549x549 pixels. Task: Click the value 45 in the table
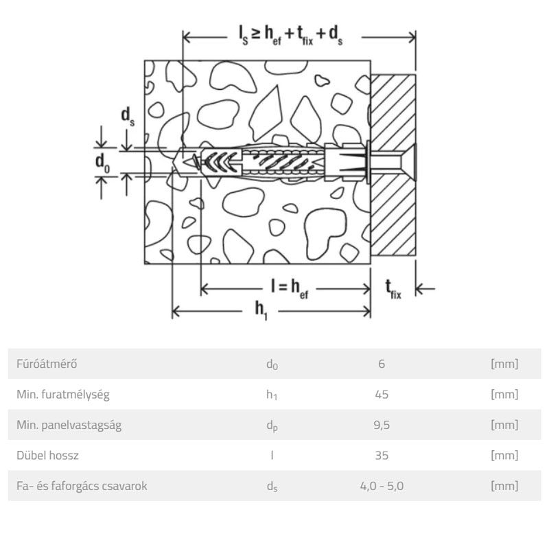[x=382, y=394]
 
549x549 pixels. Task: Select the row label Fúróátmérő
[x=47, y=364]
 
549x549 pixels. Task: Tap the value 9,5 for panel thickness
[x=382, y=425]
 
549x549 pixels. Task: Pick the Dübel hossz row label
[x=47, y=455]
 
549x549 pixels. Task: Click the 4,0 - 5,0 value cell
[x=382, y=486]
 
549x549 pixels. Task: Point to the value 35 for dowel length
[x=382, y=455]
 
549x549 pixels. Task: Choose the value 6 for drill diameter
[x=382, y=364]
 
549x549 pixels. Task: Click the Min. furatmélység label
[x=63, y=394]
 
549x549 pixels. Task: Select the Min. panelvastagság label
[x=69, y=425]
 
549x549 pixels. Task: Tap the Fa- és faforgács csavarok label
[x=82, y=486]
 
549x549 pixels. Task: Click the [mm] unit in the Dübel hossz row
[x=504, y=455]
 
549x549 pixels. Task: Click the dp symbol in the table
[x=272, y=425]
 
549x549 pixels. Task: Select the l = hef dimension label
[x=290, y=289]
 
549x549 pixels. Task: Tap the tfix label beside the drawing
[x=393, y=289]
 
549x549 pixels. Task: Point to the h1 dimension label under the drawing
[x=261, y=311]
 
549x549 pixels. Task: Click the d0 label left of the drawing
[x=102, y=163]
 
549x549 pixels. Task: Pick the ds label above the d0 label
[x=128, y=117]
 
